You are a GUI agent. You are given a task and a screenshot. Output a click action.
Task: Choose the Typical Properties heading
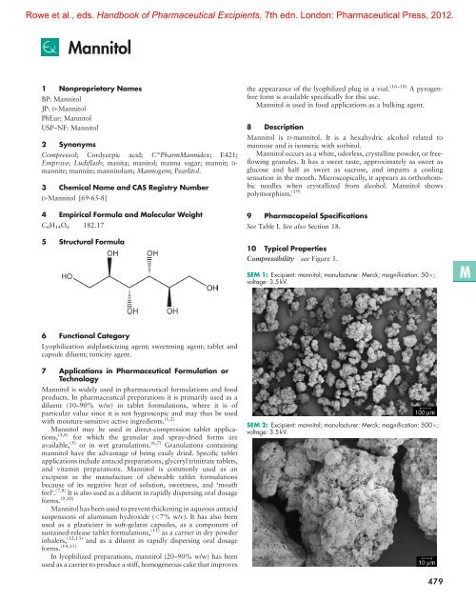(302, 218)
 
